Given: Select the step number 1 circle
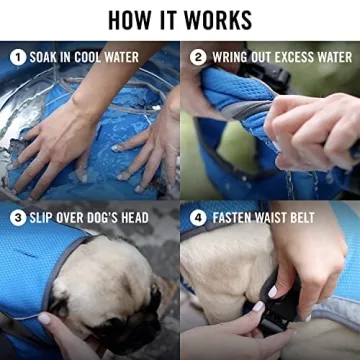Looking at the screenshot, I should tap(17, 57).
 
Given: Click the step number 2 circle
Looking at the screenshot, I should tap(198, 57).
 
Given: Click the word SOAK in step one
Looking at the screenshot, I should tap(46, 57).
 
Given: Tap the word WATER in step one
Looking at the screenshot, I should tap(144, 57).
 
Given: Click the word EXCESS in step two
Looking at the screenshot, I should tap(297, 57).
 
